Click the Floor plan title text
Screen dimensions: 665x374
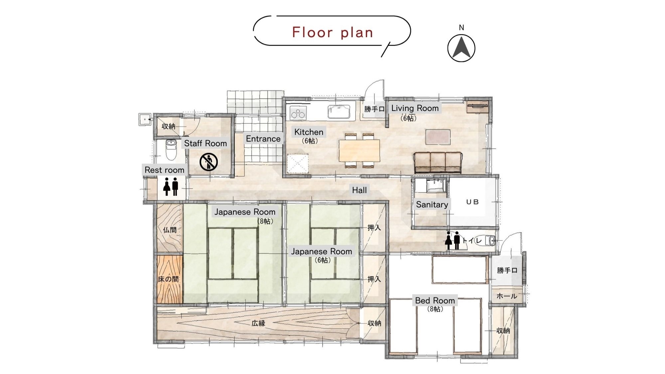[332, 33]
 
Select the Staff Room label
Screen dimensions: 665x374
[205, 143]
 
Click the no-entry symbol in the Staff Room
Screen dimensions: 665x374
[208, 162]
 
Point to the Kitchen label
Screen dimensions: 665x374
[309, 132]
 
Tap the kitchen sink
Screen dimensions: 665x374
[339, 111]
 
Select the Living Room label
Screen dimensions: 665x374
[415, 108]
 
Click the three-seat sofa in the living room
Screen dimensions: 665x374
[438, 163]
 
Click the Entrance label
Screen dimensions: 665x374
[263, 139]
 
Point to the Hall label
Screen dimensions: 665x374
[359, 190]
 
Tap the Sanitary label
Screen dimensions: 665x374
[432, 204]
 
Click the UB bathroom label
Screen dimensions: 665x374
[472, 202]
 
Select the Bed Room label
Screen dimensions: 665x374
[435, 301]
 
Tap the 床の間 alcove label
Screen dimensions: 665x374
[168, 279]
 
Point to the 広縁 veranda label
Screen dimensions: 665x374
[258, 323]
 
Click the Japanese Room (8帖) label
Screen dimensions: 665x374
[245, 212]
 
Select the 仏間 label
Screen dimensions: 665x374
[170, 230]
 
